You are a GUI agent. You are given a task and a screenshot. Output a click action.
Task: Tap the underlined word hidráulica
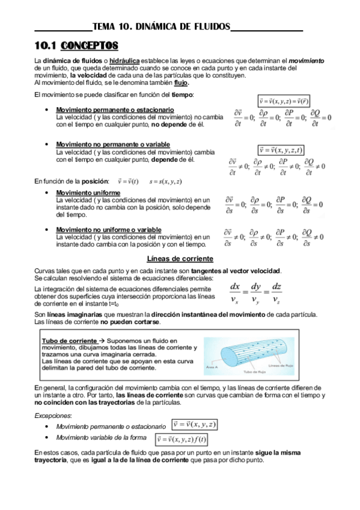coord(125,61)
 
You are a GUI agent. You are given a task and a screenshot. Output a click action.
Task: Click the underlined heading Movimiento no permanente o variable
coord(112,145)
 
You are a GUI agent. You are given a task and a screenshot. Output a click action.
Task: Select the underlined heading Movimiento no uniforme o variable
coord(108,230)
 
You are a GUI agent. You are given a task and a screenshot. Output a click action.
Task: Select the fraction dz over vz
coord(276,293)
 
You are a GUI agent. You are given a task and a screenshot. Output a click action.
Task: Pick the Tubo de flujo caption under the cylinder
coord(246,371)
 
